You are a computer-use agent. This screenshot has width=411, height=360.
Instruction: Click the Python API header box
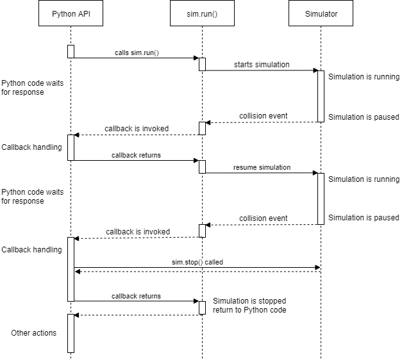[x=71, y=14]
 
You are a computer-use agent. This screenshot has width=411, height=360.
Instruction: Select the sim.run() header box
[x=202, y=14]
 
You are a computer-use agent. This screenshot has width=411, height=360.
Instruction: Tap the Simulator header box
[x=321, y=14]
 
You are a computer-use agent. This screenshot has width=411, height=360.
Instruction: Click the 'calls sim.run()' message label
[x=137, y=53]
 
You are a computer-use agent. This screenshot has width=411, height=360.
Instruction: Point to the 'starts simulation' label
[x=262, y=65]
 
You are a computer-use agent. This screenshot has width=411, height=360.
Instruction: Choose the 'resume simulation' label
[x=262, y=167]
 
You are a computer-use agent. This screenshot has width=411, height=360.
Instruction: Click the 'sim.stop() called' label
[x=197, y=262]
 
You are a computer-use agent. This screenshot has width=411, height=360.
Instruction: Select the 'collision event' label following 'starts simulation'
[x=263, y=116]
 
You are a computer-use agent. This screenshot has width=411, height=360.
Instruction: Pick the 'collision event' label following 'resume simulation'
[x=263, y=218]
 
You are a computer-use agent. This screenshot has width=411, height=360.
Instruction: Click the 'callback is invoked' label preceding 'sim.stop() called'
[x=138, y=232]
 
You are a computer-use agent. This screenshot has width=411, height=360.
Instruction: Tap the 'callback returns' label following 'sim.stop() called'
[x=136, y=296]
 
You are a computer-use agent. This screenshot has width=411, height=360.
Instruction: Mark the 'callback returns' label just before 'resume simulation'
[x=136, y=155]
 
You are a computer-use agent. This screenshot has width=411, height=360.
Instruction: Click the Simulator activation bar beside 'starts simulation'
[x=321, y=96]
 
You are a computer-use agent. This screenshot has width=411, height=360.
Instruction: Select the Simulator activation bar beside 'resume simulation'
[x=321, y=199]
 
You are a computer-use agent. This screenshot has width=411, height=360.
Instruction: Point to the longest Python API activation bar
[x=71, y=269]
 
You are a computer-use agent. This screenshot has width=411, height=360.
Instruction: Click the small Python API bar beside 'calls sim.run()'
[x=71, y=51]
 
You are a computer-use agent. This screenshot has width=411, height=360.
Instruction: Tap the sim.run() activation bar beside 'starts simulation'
[x=202, y=64]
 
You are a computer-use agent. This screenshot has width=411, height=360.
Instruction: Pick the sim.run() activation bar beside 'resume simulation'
[x=202, y=167]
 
